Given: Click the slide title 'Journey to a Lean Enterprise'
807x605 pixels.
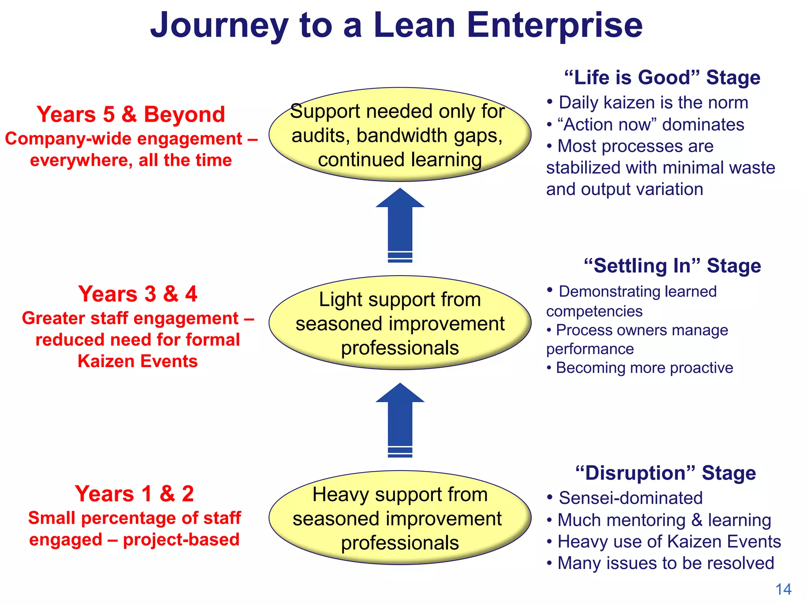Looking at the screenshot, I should tap(396, 26).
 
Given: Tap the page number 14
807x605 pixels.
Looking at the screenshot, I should tap(783, 589).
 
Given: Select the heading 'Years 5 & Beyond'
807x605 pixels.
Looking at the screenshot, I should tap(131, 115).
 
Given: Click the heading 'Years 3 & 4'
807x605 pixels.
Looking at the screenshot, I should tap(138, 294).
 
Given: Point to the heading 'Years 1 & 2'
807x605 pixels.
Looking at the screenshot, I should tap(134, 494).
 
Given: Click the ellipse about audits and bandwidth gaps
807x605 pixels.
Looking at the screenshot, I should tap(400, 135).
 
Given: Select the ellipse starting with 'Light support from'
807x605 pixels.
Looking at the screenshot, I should tap(400, 323).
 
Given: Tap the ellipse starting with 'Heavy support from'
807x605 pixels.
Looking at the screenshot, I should tap(400, 518).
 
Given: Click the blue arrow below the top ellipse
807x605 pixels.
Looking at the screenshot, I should tap(400, 225).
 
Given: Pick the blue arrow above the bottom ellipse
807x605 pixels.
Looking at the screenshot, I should tap(400, 419).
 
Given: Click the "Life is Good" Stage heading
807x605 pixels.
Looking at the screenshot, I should tap(662, 78).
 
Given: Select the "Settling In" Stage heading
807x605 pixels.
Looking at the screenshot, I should tap(672, 266).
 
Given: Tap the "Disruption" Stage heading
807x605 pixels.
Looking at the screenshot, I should tap(665, 473).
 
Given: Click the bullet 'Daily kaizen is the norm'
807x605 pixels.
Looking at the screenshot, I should tap(653, 103).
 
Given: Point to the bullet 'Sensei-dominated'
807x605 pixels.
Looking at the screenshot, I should tap(630, 498).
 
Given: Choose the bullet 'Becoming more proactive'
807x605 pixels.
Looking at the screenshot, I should tap(644, 368).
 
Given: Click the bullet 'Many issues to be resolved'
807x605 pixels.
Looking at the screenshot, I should tap(666, 563).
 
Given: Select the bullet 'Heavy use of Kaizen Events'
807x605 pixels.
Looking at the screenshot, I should tap(669, 542).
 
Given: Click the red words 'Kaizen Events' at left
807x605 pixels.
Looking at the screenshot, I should tap(138, 361).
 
